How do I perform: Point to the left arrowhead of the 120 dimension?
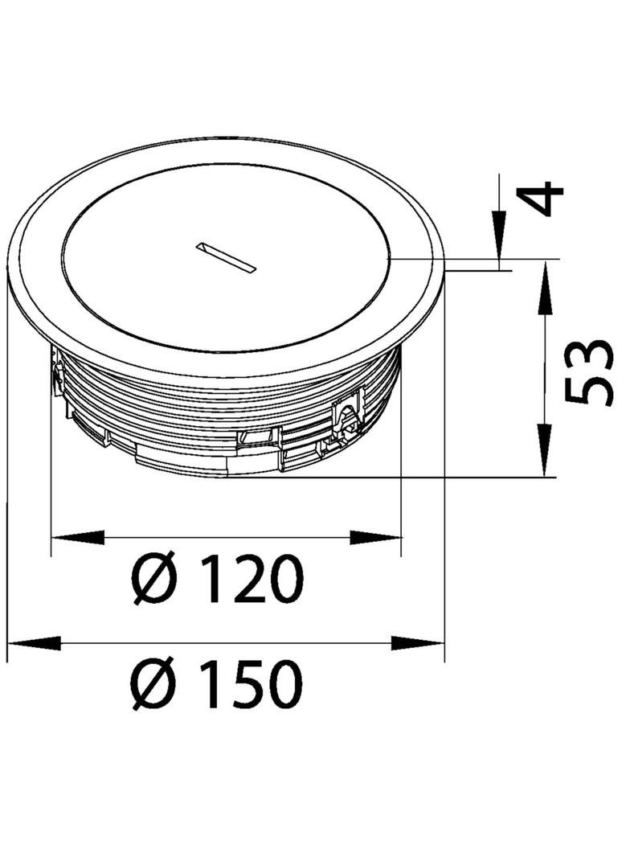tap(77, 537)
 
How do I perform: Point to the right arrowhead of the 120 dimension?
tap(375, 537)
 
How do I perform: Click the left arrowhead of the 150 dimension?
tap(34, 643)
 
